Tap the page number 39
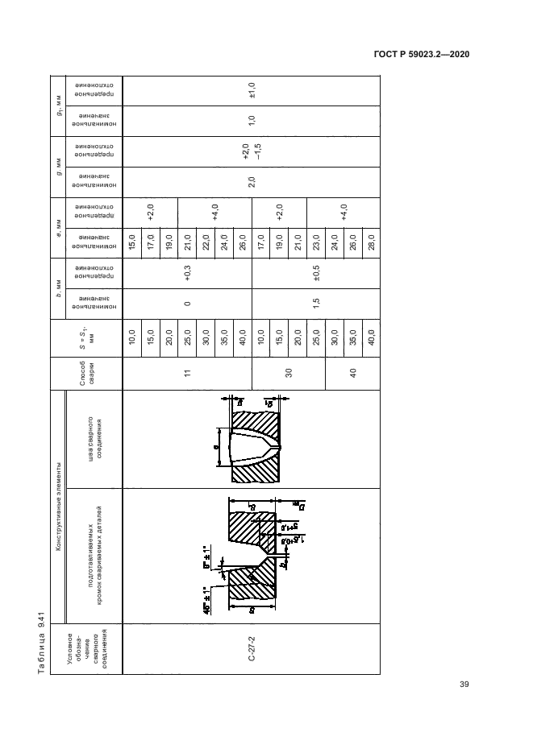[464, 685]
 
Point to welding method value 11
[186, 374]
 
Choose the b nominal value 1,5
[317, 303]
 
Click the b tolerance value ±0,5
[317, 272]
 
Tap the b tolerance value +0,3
[187, 272]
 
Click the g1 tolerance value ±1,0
[252, 90]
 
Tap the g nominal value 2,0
[252, 182]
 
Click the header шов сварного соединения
[93, 440]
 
